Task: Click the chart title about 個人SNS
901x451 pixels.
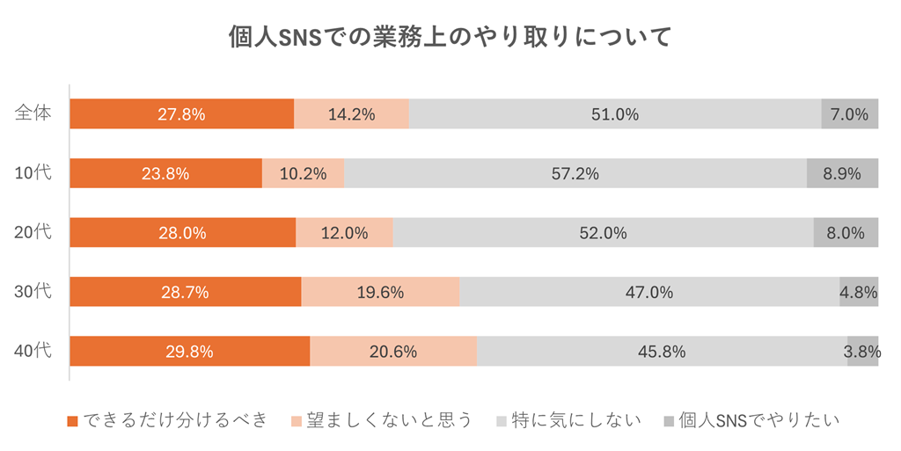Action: pos(450,38)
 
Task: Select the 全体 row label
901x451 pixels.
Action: pos(34,113)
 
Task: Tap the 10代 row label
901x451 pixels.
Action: pos(34,173)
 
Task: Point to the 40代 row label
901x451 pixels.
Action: pos(34,351)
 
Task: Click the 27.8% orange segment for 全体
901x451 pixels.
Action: pos(181,114)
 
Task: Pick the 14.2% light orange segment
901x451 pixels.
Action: pos(351,114)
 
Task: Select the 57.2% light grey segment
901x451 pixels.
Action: pos(575,173)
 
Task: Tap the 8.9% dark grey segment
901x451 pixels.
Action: pos(842,173)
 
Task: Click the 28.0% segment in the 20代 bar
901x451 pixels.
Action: pos(182,233)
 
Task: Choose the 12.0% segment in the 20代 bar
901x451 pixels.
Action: pos(344,233)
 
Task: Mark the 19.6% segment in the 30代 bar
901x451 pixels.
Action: pos(380,292)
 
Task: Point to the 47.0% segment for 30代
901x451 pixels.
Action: pos(648,292)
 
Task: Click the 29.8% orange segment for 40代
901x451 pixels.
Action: pos(189,352)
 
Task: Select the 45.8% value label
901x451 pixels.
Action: pos(662,352)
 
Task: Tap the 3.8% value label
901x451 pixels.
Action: pos(862,352)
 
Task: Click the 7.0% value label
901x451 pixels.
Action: pos(850,114)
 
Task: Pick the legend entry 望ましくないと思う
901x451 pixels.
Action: pos(381,420)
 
